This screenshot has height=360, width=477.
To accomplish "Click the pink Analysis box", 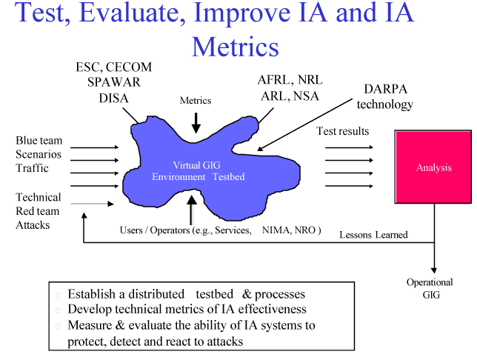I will (433, 168).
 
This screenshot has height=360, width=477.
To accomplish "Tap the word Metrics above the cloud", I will (196, 101).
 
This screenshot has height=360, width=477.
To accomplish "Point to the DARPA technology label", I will (384, 96).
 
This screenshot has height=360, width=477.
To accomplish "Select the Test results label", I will (342, 132).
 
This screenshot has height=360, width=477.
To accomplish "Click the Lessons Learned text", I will (373, 235).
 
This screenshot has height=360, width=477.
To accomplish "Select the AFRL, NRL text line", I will (290, 80).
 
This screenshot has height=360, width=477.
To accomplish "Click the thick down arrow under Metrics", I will (196, 121).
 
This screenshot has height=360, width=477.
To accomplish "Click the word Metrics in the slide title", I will (235, 46).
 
